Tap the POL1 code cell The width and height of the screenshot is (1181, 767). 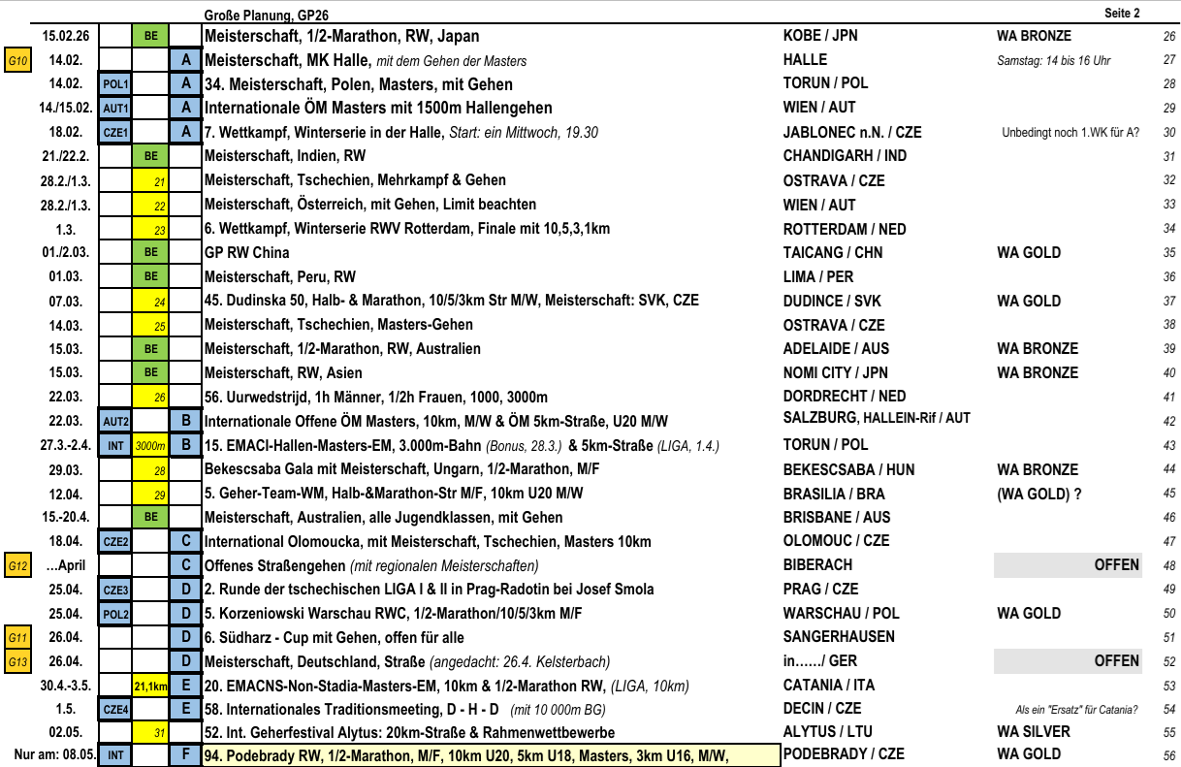pos(115,84)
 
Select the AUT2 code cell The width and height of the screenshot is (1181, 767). pos(115,422)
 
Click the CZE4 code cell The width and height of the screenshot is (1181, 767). pos(115,710)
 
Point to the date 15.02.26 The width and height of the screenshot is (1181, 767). pos(66,36)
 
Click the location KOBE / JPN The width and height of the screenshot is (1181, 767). pos(820,36)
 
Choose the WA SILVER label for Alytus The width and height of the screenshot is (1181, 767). pos(1034,732)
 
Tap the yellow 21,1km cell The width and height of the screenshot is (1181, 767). pos(151,687)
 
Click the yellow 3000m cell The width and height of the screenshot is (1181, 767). pos(151,446)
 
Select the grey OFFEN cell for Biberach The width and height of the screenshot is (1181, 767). pos(1067,565)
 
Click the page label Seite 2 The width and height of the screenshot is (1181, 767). pos(1122,13)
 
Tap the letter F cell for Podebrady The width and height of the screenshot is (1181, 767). pos(185,754)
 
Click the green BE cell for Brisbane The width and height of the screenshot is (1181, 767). pos(151,518)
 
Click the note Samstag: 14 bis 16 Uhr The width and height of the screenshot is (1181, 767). pos(1054,60)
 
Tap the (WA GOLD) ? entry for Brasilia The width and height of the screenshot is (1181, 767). pos(1038,494)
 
